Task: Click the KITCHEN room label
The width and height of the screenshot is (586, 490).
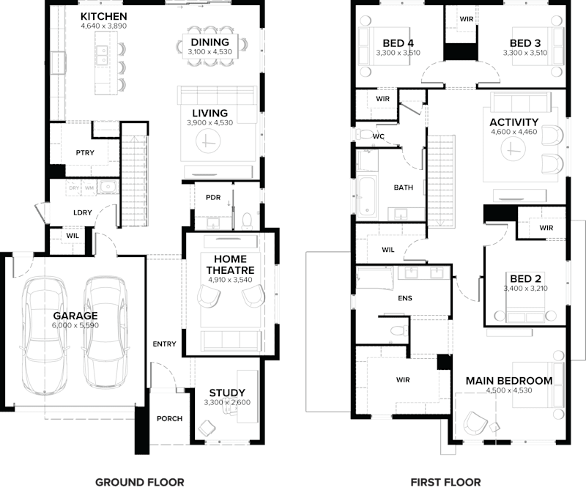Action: click(103, 16)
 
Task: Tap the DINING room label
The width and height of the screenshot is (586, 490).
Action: click(209, 42)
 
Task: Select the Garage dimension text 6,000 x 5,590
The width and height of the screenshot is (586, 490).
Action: click(75, 326)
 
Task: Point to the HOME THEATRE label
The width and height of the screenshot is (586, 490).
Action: click(230, 264)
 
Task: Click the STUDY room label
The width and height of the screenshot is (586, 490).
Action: click(226, 393)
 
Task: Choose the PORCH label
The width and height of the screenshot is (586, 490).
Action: click(168, 418)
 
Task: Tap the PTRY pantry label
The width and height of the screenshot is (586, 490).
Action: click(85, 153)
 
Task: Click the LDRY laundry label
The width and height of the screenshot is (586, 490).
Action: click(82, 212)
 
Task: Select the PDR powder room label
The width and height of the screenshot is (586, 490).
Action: click(213, 198)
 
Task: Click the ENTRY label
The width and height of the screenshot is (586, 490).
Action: click(164, 344)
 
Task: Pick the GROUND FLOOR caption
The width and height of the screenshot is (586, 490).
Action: click(139, 481)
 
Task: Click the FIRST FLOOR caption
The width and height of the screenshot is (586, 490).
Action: click(445, 481)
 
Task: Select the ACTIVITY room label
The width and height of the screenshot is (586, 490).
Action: click(513, 122)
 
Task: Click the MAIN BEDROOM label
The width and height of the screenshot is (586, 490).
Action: click(508, 380)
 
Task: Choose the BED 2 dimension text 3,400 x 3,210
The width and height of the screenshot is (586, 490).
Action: click(525, 289)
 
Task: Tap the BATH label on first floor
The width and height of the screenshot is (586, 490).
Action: click(403, 188)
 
